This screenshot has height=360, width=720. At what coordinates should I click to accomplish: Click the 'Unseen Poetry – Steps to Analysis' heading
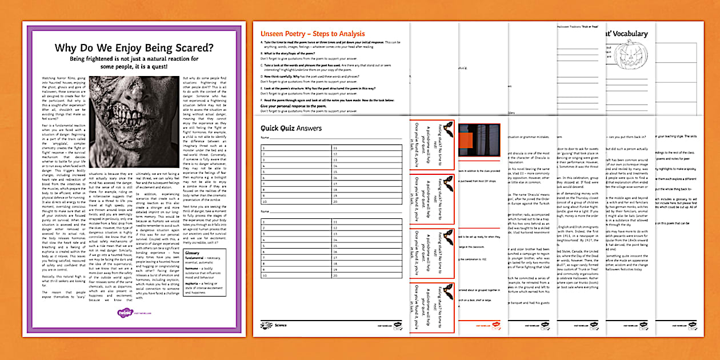313,34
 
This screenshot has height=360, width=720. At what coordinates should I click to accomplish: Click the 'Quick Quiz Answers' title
291,128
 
